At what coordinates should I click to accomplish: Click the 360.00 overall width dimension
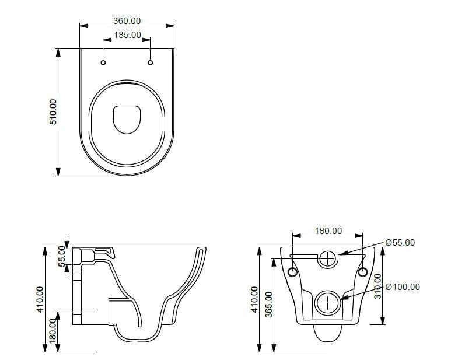(x=127, y=20)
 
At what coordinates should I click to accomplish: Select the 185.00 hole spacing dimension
(x=127, y=35)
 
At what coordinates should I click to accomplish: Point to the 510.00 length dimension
(x=53, y=111)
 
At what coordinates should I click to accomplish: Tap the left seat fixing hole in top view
(x=103, y=62)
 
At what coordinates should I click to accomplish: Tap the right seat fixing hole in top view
(x=151, y=62)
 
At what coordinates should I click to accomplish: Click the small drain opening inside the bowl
(x=127, y=118)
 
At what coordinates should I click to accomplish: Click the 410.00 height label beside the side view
(x=39, y=299)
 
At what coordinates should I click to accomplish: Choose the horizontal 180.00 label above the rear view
(x=328, y=231)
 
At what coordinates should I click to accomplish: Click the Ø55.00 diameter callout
(x=400, y=243)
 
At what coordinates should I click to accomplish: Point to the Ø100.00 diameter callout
(x=403, y=287)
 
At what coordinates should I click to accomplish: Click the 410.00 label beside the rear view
(x=254, y=299)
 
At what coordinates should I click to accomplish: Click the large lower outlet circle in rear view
(x=328, y=303)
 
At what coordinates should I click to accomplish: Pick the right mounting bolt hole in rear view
(x=362, y=272)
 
